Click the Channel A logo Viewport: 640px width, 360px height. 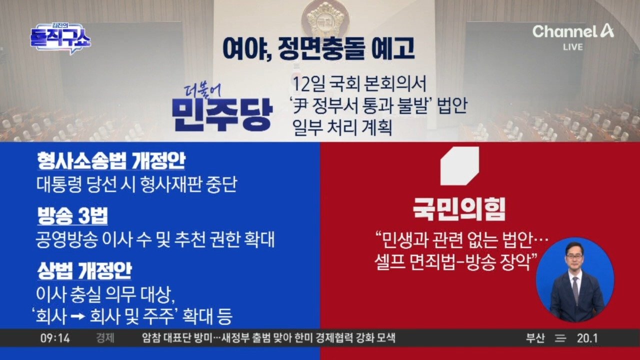pos(573,31)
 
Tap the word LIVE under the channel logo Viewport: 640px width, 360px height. pos(573,47)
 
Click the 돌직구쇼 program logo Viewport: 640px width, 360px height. pos(60,38)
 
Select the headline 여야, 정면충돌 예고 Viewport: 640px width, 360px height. pos(318,49)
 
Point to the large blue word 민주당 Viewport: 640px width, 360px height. pos(222,115)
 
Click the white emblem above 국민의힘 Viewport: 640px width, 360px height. pos(459,166)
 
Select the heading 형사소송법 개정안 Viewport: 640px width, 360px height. pos(111,161)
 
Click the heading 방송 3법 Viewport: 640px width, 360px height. pos(72,216)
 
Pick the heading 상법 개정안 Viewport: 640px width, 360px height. pos(84,270)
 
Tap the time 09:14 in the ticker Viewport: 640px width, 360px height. pos(55,338)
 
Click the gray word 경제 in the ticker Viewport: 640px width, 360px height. pos(105,338)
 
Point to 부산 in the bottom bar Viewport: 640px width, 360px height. pos(535,338)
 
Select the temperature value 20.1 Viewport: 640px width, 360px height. pos(587,338)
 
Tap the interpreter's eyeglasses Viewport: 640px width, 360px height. pos(574,256)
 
